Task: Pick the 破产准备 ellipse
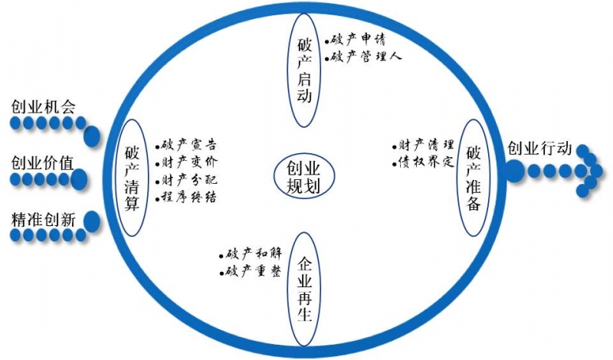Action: pos(474,178)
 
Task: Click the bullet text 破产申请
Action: pos(358,40)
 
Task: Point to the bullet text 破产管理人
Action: pos(366,57)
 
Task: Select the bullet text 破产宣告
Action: pos(188,145)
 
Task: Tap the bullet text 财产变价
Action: pos(188,162)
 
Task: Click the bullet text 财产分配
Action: pos(188,180)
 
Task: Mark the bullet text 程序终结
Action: pos(188,197)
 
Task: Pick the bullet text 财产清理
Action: pos(426,145)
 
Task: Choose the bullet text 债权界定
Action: pos(426,162)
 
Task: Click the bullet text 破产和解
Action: pos(254,254)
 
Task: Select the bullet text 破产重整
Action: pos(254,271)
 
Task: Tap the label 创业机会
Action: pos(43,106)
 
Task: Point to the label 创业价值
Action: pos(43,162)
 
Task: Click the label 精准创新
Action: pos(43,220)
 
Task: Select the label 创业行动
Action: pos(539,148)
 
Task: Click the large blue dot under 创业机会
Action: pos(92,136)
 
